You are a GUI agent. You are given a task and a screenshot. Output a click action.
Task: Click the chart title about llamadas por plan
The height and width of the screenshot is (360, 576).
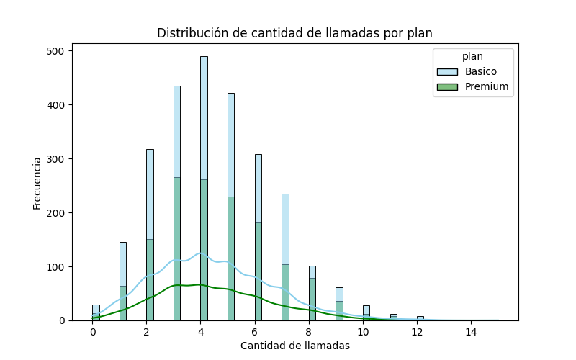coord(294,33)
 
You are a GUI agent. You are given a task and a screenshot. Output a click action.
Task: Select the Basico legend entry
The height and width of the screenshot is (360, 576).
coord(480,72)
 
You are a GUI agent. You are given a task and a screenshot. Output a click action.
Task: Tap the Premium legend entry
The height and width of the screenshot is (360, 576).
coord(486,87)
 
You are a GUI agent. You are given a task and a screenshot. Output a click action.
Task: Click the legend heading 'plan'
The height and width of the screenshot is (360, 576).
coord(472,56)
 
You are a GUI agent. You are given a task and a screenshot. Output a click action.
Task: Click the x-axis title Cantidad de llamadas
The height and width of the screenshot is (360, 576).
coord(294,346)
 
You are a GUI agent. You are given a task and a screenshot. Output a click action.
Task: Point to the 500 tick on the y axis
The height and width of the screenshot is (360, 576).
coord(56,51)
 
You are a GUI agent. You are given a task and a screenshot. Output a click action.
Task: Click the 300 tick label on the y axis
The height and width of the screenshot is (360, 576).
coord(56,159)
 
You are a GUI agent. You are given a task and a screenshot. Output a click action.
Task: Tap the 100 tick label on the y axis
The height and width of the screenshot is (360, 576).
coord(56,267)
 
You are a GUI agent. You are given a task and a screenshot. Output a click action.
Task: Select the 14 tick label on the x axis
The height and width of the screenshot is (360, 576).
coord(471,332)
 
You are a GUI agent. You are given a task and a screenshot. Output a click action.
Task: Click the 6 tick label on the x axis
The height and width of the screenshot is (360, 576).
coord(255,332)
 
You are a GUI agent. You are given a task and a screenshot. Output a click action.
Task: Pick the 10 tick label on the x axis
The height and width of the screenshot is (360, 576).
coord(363,332)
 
